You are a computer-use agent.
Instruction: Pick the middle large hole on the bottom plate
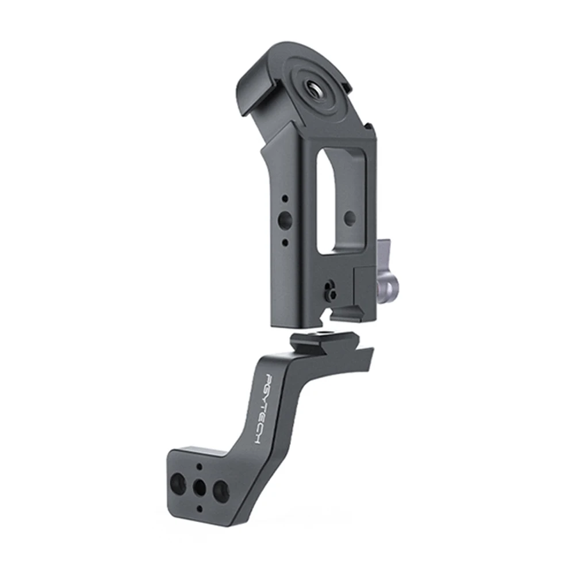pos(200,487)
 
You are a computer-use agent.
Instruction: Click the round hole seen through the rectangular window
pos(349,217)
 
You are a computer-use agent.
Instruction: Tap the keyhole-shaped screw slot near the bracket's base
pos(329,290)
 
